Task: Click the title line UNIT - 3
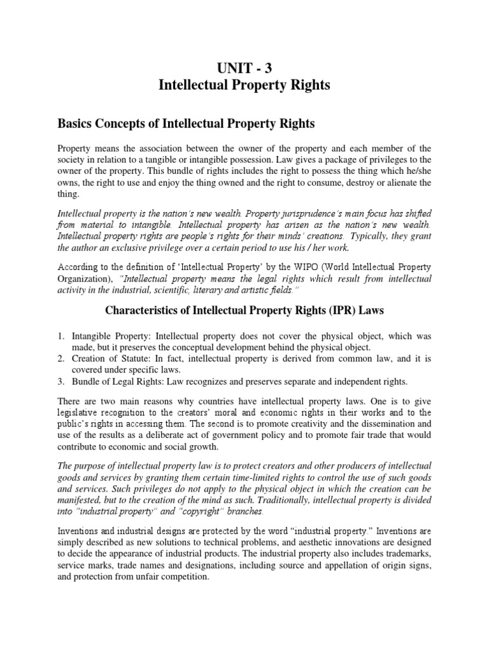tap(244, 66)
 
